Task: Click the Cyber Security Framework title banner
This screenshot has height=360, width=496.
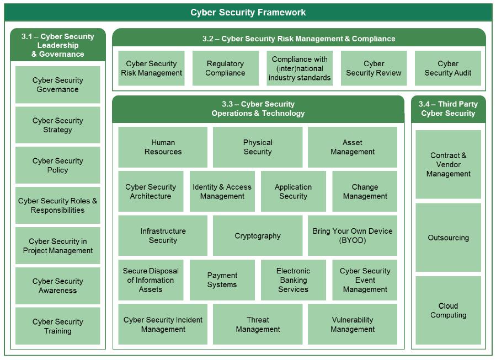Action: [248, 12]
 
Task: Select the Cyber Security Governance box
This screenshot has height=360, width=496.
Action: [57, 85]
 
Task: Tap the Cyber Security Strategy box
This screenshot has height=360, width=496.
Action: [57, 125]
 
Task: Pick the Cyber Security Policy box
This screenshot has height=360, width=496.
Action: [57, 165]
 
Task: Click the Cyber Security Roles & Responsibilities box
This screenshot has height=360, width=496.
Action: [57, 206]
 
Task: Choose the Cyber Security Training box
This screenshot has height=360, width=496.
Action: [57, 326]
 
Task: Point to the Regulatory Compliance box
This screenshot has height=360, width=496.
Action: [225, 68]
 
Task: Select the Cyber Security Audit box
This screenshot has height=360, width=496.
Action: [448, 68]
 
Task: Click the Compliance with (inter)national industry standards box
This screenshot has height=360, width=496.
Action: [300, 68]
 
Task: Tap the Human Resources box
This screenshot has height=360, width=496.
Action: [163, 147]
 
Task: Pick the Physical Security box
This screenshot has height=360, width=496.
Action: [258, 147]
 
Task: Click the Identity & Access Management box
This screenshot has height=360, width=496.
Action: [222, 191]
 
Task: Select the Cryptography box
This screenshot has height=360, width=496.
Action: [258, 235]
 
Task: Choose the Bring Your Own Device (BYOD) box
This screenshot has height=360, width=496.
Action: [353, 235]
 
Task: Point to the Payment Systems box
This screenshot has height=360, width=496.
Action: [222, 280]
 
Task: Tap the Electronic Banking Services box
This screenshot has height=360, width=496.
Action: [293, 280]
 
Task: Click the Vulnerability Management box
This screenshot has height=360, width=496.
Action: [353, 324]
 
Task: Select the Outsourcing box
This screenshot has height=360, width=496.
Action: [448, 238]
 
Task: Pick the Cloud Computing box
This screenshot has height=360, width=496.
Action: [448, 310]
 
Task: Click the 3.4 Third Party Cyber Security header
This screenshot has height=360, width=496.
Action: [448, 109]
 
